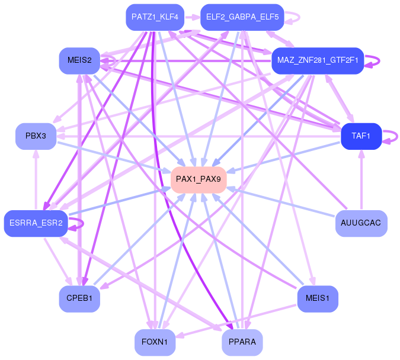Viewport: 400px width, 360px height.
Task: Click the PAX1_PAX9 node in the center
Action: [199, 179]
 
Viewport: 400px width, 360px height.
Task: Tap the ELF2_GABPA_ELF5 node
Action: [242, 17]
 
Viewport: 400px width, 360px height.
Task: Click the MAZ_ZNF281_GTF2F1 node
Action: [316, 61]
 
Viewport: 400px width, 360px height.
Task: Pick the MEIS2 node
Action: [79, 60]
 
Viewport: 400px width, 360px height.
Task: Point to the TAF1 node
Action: [361, 136]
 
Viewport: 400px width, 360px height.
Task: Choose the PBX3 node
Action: [36, 136]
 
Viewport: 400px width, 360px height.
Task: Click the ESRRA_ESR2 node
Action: [36, 223]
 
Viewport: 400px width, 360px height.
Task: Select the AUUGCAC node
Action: [361, 223]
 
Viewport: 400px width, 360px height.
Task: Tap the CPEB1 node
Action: [79, 298]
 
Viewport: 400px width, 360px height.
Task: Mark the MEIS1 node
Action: [317, 298]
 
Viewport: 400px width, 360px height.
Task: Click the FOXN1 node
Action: [155, 342]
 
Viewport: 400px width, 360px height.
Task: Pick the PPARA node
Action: [242, 342]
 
